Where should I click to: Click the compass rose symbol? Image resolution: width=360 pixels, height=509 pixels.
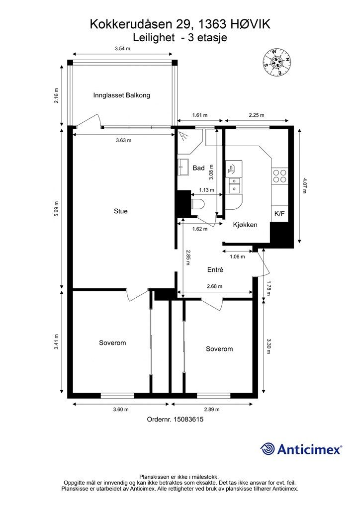[x=276, y=63]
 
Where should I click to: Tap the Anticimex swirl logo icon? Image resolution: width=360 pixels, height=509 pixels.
[x=268, y=449]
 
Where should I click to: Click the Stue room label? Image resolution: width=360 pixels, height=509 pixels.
[x=120, y=211]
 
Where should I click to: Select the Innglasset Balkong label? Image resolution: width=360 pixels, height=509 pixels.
[x=121, y=95]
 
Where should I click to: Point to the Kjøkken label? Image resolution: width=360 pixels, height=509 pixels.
[x=245, y=225]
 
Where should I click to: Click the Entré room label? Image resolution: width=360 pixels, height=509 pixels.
[x=215, y=269]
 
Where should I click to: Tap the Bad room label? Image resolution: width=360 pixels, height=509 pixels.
[x=199, y=168]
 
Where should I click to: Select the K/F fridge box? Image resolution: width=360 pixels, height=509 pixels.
[x=279, y=214]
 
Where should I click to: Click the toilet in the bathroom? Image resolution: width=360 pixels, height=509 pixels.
[x=198, y=204]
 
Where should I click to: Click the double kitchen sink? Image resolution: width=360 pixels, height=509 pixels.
[x=234, y=185]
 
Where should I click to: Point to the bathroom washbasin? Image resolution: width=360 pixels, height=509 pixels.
[x=183, y=167]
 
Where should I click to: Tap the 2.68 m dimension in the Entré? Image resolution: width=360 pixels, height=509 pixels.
[x=215, y=286]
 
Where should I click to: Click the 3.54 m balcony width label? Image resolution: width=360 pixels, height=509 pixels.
[x=122, y=49]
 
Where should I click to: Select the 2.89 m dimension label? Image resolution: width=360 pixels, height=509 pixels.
[x=212, y=410]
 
